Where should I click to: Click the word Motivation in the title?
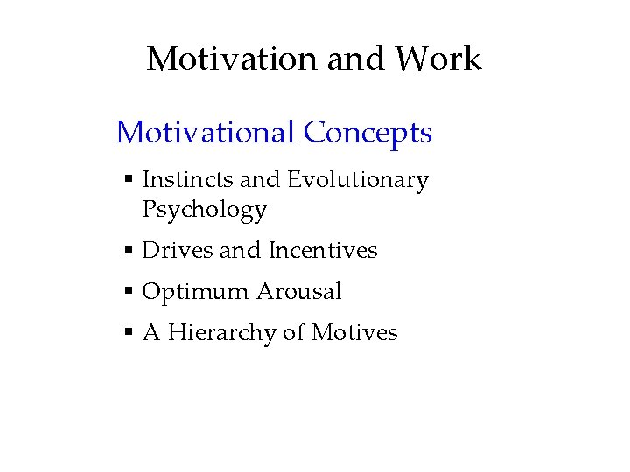pos(233,59)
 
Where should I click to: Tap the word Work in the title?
pos(437,59)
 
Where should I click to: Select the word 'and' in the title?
pos(356,59)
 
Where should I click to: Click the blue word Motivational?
pos(206,133)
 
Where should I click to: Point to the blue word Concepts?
pos(367,133)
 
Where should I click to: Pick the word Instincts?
pos(187,180)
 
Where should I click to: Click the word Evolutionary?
pos(358,180)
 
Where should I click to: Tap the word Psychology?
pos(204,210)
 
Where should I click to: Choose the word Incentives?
pos(323,251)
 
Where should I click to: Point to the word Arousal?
pos(298,292)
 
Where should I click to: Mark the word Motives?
pos(354,333)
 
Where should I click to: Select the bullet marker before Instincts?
pos(128,180)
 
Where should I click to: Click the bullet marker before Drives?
pos(128,251)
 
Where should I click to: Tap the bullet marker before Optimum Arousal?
pos(128,292)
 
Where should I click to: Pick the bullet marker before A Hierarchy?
pos(128,333)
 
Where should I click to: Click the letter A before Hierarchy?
pos(150,333)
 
